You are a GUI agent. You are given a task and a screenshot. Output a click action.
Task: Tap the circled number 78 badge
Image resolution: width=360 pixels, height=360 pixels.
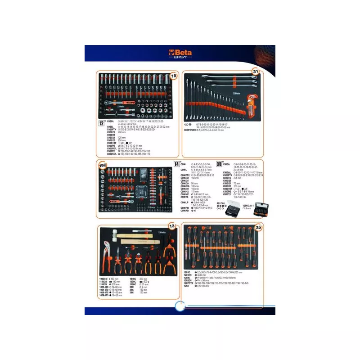[x=174, y=76]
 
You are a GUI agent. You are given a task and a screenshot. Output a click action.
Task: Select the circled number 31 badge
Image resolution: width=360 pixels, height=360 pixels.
[x=255, y=72]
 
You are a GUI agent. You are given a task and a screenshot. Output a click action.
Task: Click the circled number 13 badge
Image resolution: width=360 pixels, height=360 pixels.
[x=171, y=225]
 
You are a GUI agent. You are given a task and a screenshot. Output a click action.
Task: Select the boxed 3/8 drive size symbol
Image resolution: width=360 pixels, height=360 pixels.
[x=219, y=165]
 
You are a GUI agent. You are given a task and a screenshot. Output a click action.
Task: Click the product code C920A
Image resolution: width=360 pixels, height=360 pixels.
[x=111, y=121]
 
